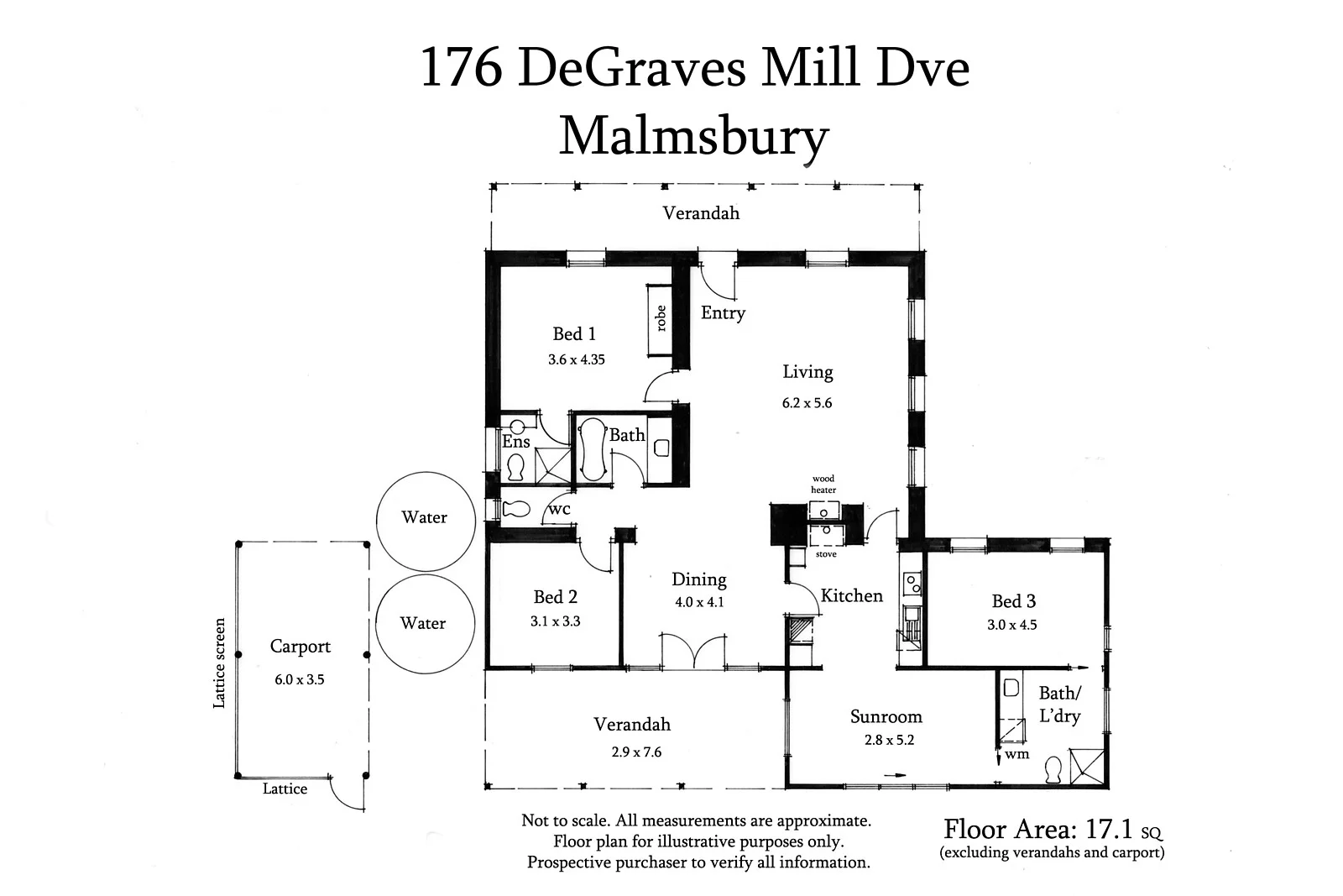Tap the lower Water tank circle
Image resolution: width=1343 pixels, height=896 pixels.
click(x=425, y=624)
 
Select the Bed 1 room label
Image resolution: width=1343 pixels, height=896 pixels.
click(x=574, y=334)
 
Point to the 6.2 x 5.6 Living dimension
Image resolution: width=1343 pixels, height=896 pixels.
click(x=807, y=403)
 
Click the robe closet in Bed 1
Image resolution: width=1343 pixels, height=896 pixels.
click(x=661, y=319)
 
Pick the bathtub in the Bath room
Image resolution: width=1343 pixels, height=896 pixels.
click(x=593, y=448)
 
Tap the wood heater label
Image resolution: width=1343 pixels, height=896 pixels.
click(x=823, y=485)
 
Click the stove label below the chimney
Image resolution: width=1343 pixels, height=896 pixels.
click(x=826, y=554)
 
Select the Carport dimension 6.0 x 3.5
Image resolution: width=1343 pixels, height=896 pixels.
click(x=299, y=680)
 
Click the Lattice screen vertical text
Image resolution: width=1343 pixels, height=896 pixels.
click(x=220, y=663)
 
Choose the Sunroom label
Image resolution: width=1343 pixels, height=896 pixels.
click(x=886, y=717)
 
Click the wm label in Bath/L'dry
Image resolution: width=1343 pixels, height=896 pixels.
click(x=1016, y=754)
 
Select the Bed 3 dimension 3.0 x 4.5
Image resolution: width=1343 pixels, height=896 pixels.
click(x=1012, y=625)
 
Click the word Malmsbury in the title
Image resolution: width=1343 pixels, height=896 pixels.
click(x=694, y=136)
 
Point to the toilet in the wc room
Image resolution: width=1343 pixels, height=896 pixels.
click(x=515, y=509)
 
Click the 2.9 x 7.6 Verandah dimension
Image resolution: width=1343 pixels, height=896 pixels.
click(x=636, y=752)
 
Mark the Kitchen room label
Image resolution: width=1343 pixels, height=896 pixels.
click(x=851, y=596)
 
